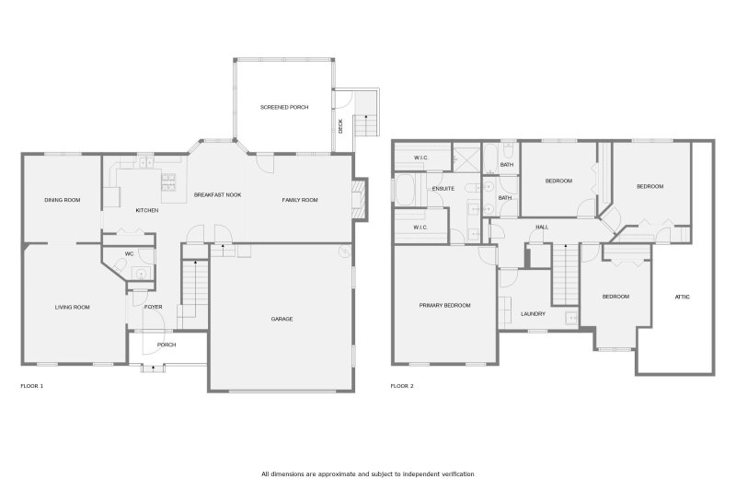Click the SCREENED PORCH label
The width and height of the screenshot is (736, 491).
[283, 108]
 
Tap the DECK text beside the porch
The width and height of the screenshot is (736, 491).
[340, 127]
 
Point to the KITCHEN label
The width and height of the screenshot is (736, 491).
[147, 211]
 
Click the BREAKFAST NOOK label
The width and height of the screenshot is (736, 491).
[217, 195]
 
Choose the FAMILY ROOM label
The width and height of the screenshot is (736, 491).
[299, 200]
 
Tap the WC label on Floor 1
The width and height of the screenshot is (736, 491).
[130, 253]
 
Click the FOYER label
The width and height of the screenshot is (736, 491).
[153, 308]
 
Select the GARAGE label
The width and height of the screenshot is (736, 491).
[282, 319]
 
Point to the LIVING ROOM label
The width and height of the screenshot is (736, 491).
[72, 307]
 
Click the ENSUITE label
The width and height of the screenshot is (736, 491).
[443, 188]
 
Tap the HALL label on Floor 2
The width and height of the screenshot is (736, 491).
[543, 227]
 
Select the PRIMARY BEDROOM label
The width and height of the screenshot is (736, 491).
[444, 305]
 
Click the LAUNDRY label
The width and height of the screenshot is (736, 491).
[533, 313]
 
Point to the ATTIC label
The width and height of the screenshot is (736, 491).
[682, 297]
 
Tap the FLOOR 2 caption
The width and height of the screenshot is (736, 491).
[402, 386]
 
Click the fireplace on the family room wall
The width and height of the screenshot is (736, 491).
[359, 198]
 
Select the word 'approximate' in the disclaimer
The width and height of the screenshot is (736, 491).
[336, 473]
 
